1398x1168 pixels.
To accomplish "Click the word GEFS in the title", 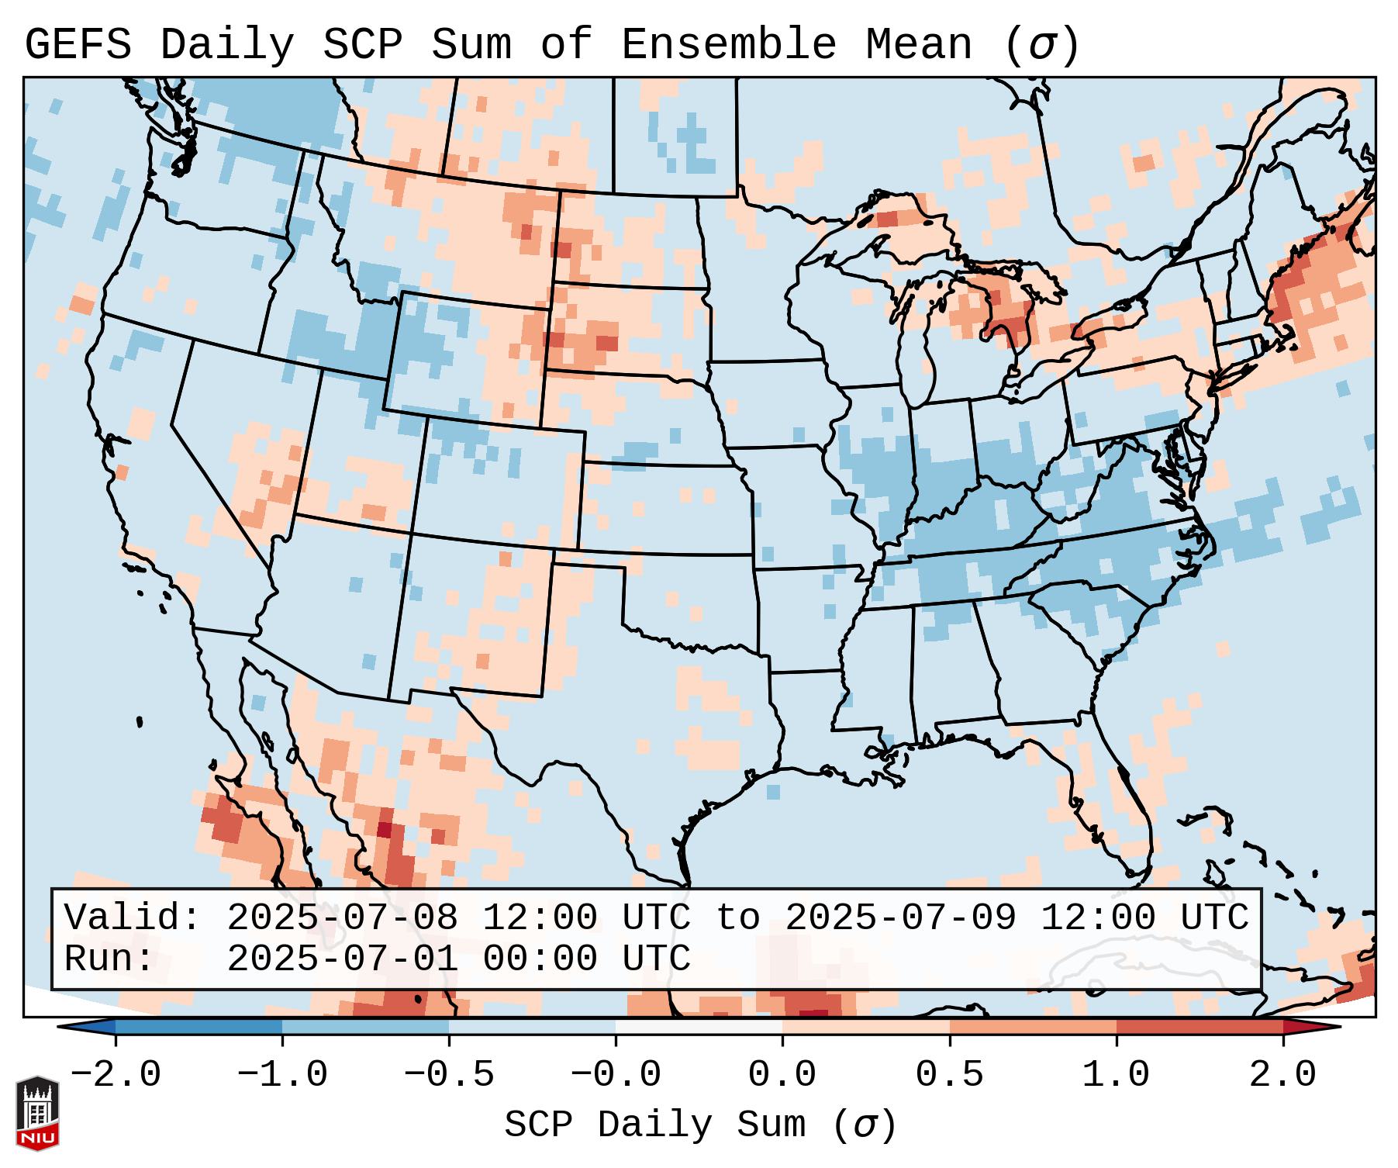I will click(x=78, y=45).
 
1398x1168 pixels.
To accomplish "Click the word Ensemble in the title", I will click(x=728, y=45).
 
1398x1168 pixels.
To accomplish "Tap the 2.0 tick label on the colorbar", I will click(x=1282, y=1075).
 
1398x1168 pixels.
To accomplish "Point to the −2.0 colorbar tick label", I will click(x=116, y=1075).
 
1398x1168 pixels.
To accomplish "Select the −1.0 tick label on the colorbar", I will click(x=282, y=1075).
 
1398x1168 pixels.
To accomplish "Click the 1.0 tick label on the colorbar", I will click(x=1116, y=1075).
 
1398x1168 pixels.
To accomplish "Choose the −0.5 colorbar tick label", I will click(x=449, y=1075).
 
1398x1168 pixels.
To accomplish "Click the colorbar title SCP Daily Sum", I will click(x=654, y=1125).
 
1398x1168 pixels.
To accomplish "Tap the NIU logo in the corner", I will click(x=37, y=1113).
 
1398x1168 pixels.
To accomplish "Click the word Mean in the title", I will click(x=918, y=45).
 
